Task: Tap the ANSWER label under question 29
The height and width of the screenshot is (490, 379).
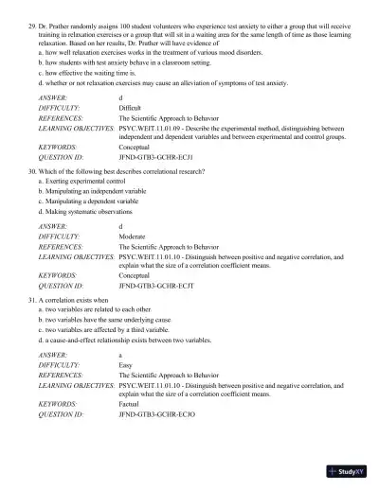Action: [x=53, y=98]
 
